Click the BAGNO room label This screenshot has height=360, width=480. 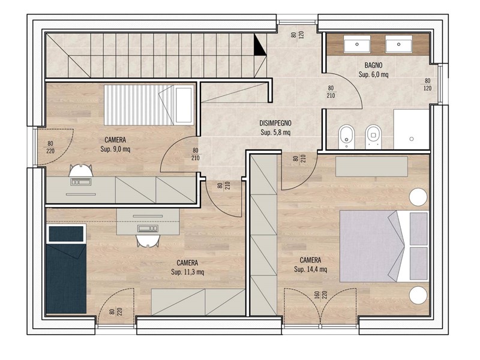tap(373, 65)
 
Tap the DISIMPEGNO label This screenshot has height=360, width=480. tap(275, 124)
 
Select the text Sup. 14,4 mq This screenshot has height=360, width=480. tap(310, 269)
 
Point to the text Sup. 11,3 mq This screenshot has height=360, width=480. tap(187, 272)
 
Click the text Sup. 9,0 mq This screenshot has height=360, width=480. tap(115, 149)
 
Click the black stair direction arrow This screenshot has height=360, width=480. tap(260, 44)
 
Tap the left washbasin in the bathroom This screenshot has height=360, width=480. tap(357, 44)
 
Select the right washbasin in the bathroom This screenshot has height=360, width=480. tap(398, 44)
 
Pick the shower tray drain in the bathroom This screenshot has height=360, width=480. tap(412, 139)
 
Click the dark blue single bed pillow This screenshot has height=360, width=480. tap(66, 234)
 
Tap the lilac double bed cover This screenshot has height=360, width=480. tap(373, 246)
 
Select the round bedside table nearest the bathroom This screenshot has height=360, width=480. tap(418, 197)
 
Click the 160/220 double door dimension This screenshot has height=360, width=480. tap(320, 295)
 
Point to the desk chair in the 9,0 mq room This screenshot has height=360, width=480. tap(80, 170)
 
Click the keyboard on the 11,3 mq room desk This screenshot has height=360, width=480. tap(148, 229)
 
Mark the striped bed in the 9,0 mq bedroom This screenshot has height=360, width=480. tap(149, 105)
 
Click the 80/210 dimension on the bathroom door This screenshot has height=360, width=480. tap(331, 92)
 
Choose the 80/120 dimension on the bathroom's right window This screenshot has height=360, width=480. tap(427, 85)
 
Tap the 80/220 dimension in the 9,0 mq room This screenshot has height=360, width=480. tap(50, 147)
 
